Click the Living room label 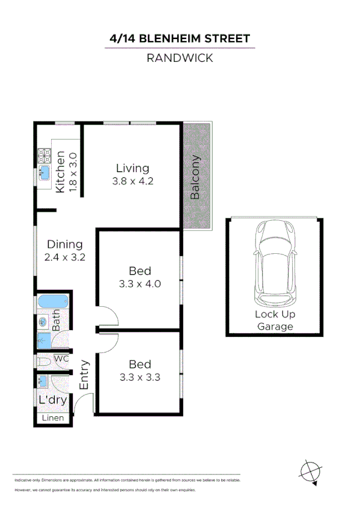pyautogui.click(x=132, y=168)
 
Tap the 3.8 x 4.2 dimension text pyautogui.click(x=132, y=180)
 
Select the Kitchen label pyautogui.click(x=60, y=172)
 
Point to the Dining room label pyautogui.click(x=65, y=244)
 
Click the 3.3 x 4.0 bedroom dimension pyautogui.click(x=140, y=283)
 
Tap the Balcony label pyautogui.click(x=195, y=178)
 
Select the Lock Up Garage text pyautogui.click(x=275, y=321)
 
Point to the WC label pyautogui.click(x=62, y=359)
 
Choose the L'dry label pyautogui.click(x=52, y=400)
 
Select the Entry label pyautogui.click(x=85, y=374)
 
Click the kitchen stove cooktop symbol pyautogui.click(x=44, y=157)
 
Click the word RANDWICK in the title pyautogui.click(x=180, y=58)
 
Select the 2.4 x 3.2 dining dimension pyautogui.click(x=65, y=257)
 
